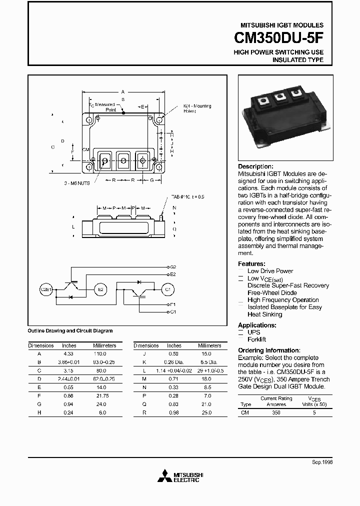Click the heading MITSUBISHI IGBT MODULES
coord(282,25)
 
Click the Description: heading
coord(255,166)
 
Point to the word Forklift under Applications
coord(257,339)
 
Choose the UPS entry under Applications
coord(253,332)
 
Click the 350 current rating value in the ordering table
coord(276,412)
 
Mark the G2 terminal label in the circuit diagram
coord(173,267)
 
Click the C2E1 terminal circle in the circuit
coord(46,289)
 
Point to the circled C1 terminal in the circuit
coord(167,289)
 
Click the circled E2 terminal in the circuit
coord(100,289)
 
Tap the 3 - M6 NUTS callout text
coord(76,183)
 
